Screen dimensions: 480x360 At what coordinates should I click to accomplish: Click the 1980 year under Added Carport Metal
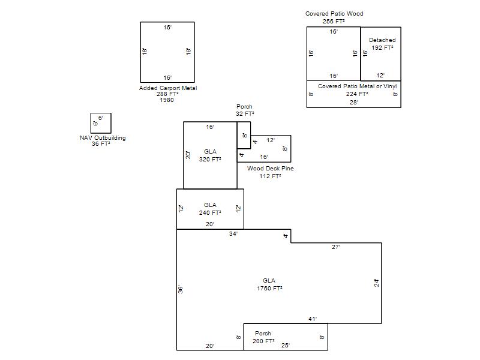167,100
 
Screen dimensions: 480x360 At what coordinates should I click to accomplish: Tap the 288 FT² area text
167,94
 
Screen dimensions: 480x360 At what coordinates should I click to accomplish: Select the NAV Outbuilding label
103,138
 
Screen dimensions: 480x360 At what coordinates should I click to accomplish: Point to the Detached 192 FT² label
382,44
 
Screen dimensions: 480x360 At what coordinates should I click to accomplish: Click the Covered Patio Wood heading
334,13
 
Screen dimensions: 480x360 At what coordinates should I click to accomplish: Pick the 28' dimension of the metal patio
354,102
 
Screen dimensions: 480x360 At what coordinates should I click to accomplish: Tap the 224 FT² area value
357,94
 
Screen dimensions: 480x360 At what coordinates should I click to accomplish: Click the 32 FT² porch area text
245,114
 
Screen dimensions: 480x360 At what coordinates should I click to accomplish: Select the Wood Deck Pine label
271,169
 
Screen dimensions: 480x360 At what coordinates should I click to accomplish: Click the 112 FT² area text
271,176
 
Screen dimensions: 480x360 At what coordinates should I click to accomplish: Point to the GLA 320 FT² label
210,155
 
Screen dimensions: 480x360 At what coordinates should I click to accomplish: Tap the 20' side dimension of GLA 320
188,155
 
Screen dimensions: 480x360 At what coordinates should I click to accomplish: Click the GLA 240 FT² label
210,209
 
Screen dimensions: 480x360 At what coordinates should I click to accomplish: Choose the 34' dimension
233,234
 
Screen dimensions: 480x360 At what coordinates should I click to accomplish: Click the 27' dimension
336,247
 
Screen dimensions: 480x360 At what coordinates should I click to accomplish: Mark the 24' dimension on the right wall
377,283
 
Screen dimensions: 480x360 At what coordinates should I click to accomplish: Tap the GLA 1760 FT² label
269,284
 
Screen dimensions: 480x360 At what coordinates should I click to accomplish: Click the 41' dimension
313,319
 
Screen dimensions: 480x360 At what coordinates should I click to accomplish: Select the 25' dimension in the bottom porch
286,346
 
